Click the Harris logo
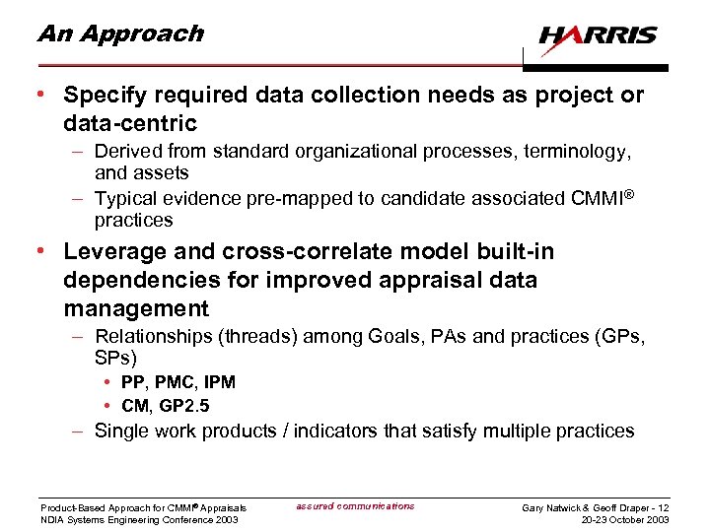(599, 36)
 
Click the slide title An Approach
(119, 33)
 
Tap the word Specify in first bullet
(104, 96)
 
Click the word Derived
(126, 152)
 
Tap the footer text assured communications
(355, 506)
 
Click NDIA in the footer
(52, 519)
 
